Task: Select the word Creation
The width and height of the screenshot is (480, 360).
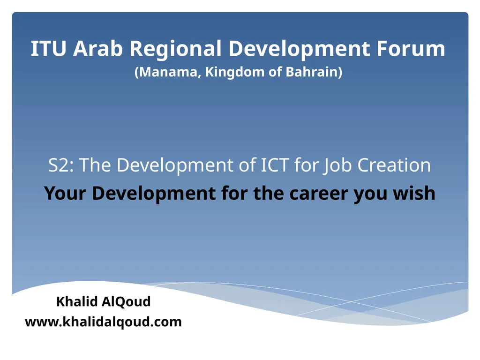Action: (x=394, y=165)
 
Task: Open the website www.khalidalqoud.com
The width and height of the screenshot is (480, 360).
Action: (x=103, y=322)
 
